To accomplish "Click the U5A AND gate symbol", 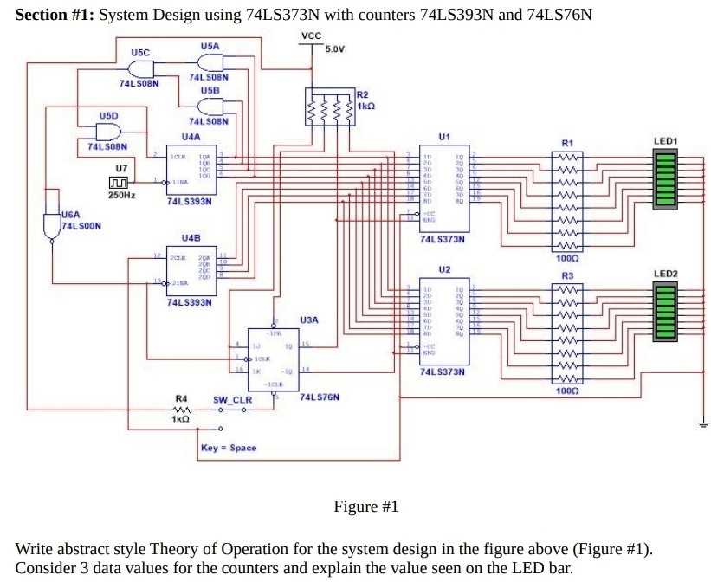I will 209,62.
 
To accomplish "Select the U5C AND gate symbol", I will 139,69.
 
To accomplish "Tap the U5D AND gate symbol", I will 108,132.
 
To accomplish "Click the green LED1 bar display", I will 666,179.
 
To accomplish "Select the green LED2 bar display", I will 666,313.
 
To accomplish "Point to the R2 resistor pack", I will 330,109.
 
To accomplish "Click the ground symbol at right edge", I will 703,423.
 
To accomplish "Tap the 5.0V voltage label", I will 334,48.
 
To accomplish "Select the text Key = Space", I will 228,448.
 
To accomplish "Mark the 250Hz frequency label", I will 121,196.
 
